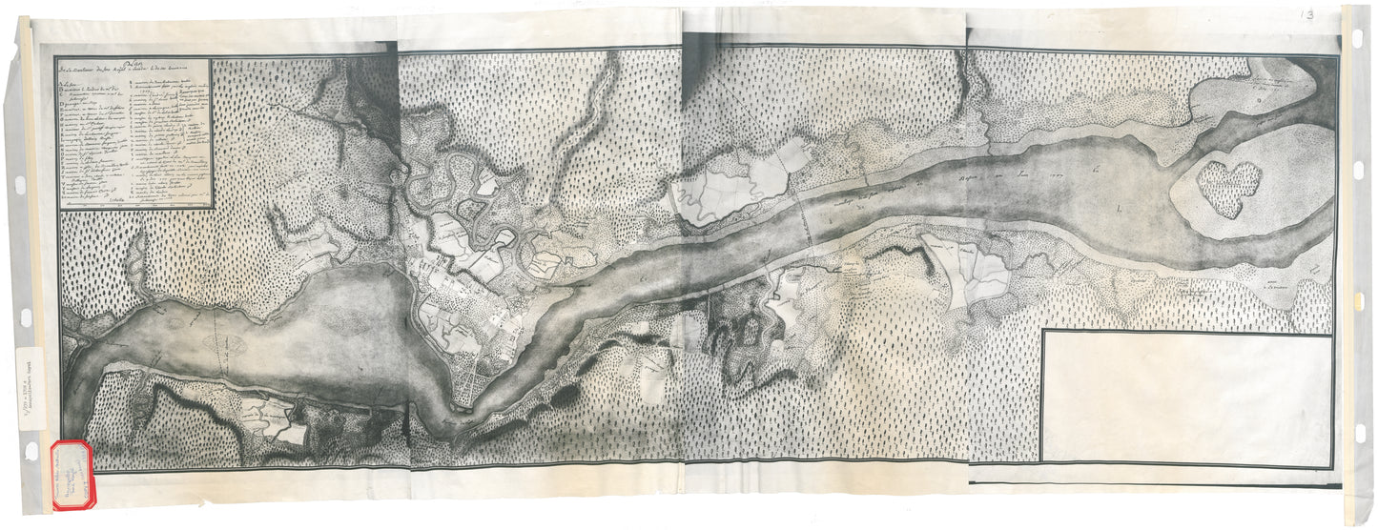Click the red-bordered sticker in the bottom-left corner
72,474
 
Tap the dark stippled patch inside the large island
1228,187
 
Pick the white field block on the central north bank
739,186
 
